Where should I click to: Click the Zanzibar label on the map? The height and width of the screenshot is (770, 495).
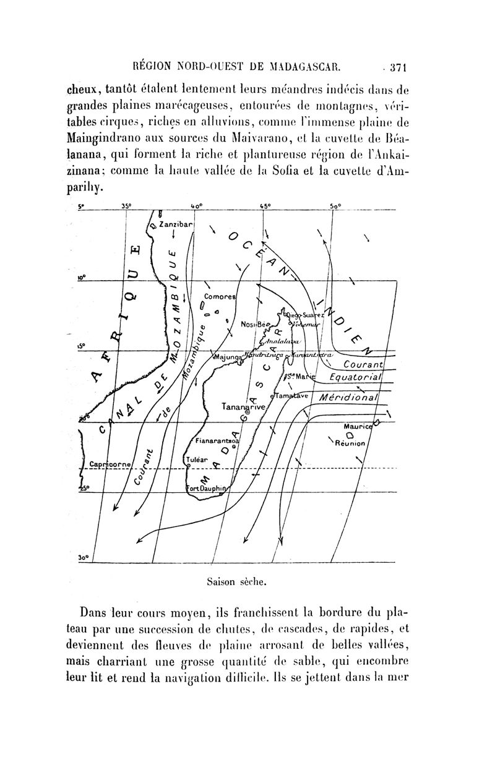coord(176,224)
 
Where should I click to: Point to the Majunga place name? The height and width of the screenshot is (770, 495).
coord(228,356)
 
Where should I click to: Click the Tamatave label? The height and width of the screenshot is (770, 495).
coord(291,396)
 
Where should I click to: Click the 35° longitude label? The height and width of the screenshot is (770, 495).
coord(127,207)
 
